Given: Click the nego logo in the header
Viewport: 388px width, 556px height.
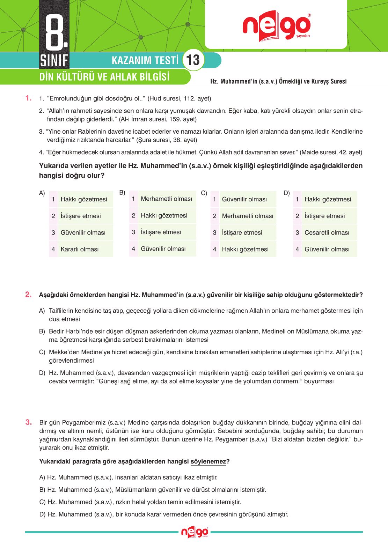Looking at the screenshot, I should pos(276,26).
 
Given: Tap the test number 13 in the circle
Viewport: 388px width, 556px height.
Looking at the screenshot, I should pos(193,60).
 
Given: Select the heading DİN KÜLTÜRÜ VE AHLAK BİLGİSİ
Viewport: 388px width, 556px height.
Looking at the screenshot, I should pos(104,77).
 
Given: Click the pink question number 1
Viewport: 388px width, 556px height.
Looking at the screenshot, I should pos(28,98).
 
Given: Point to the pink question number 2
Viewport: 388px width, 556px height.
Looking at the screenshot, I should pos(28,295).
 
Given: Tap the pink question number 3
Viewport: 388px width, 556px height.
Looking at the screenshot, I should pos(28,422).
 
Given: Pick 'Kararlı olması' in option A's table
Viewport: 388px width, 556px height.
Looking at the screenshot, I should pos(80,249).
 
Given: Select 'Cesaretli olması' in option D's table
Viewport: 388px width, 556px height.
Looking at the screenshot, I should pos(327,232).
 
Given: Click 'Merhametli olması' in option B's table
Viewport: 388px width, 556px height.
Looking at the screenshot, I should pos(166,199).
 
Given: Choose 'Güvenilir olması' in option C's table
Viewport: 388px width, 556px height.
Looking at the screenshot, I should pos(244,199).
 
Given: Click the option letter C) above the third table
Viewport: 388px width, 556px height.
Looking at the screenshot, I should pos(204,193).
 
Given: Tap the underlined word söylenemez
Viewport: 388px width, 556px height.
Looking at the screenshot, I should pos(208,461).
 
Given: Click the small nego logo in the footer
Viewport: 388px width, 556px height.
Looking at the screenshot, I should pos(195,532).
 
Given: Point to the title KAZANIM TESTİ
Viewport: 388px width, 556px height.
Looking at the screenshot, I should pos(145,60).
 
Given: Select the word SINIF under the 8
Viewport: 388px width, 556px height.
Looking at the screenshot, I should pos(54,61).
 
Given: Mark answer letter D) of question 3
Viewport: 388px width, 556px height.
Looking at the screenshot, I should pos(43,514).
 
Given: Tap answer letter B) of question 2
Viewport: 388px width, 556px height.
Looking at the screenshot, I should pos(42,331).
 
